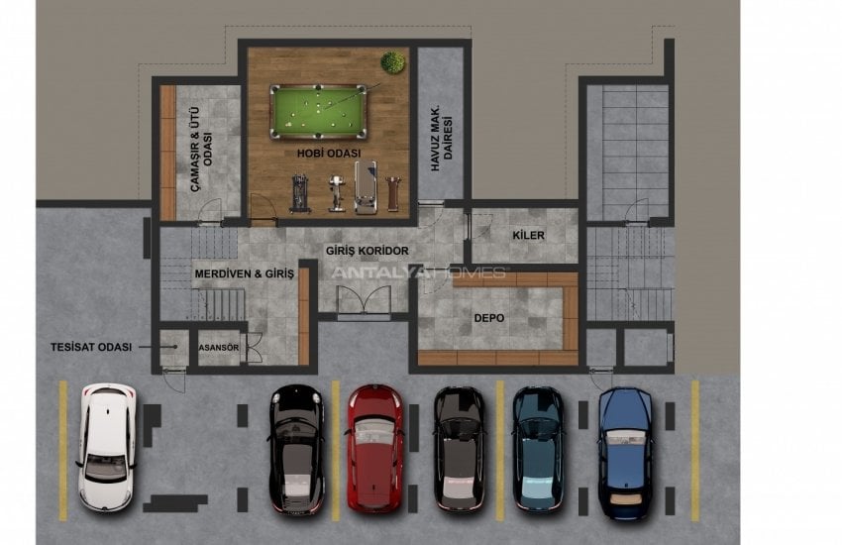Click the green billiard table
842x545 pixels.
[x=318, y=111]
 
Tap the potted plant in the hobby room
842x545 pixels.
[x=392, y=62]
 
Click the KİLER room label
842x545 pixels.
[x=528, y=235]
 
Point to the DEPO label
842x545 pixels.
[x=489, y=318]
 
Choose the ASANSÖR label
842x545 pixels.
[x=219, y=348]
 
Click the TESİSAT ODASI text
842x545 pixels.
[x=91, y=347]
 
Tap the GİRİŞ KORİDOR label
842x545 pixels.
[x=368, y=251]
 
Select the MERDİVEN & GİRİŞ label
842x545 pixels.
[x=245, y=273]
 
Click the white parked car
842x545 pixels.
[x=107, y=447]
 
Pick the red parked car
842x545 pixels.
[x=374, y=447]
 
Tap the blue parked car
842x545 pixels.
[x=625, y=454]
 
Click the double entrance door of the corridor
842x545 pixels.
[x=365, y=299]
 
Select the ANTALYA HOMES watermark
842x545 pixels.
[x=419, y=272]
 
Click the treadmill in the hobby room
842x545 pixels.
[x=366, y=187]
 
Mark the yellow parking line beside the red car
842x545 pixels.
[x=336, y=451]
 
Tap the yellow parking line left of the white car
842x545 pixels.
[x=63, y=451]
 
